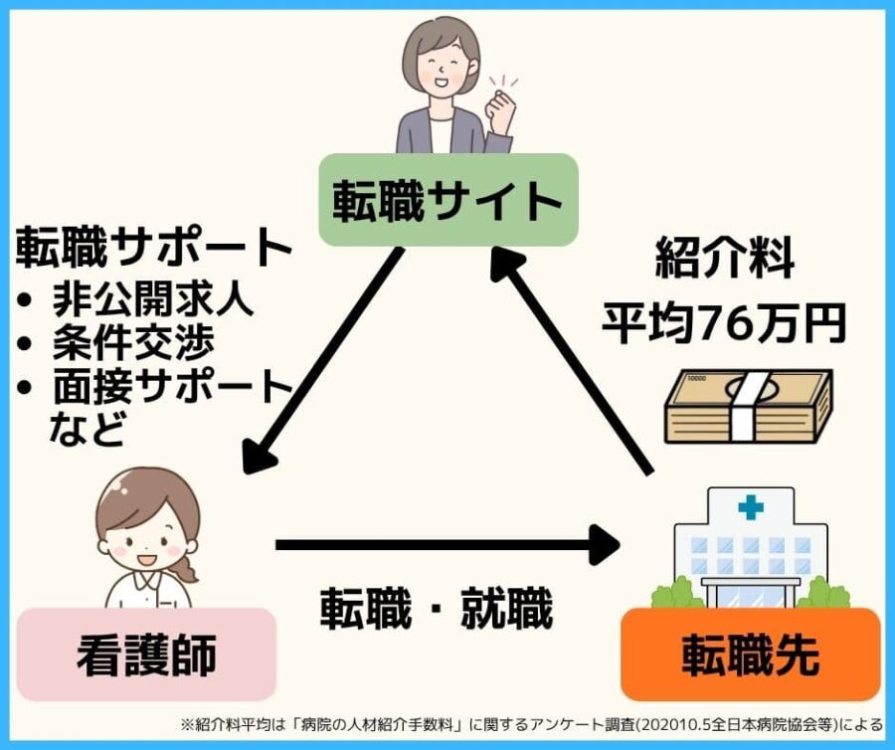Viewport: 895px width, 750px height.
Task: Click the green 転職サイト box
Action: click(447, 200)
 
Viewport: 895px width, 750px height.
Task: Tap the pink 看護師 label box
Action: click(146, 655)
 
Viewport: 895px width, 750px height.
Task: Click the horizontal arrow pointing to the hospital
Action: click(447, 544)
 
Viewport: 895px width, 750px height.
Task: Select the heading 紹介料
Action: click(724, 261)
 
